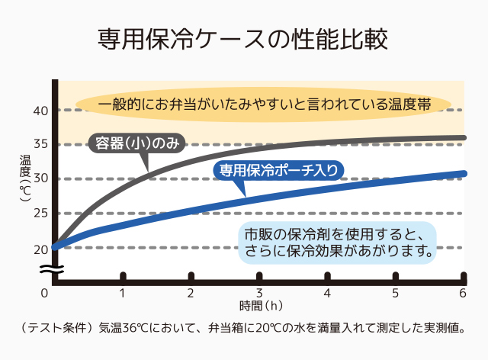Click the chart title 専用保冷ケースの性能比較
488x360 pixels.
pyautogui.click(x=243, y=39)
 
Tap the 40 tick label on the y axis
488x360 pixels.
pyautogui.click(x=40, y=111)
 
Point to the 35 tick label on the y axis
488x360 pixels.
pyautogui.click(x=40, y=144)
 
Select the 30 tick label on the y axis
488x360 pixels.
pyautogui.click(x=40, y=178)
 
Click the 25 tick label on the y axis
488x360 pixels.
pyautogui.click(x=40, y=213)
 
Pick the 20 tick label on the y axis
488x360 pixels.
pyautogui.click(x=40, y=248)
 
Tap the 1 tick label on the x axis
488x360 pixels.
pyautogui.click(x=122, y=293)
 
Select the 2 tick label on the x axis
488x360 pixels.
pyautogui.click(x=191, y=293)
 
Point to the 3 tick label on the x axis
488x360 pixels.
pyautogui.click(x=259, y=293)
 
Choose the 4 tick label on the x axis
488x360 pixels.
pyautogui.click(x=327, y=293)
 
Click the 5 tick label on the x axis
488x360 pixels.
pyautogui.click(x=395, y=293)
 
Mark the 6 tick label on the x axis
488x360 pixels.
pyautogui.click(x=462, y=293)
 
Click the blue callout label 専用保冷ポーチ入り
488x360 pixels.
pyautogui.click(x=279, y=170)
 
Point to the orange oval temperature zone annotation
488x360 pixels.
pyautogui.click(x=264, y=104)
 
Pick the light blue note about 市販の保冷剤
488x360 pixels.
pyautogui.click(x=336, y=241)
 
